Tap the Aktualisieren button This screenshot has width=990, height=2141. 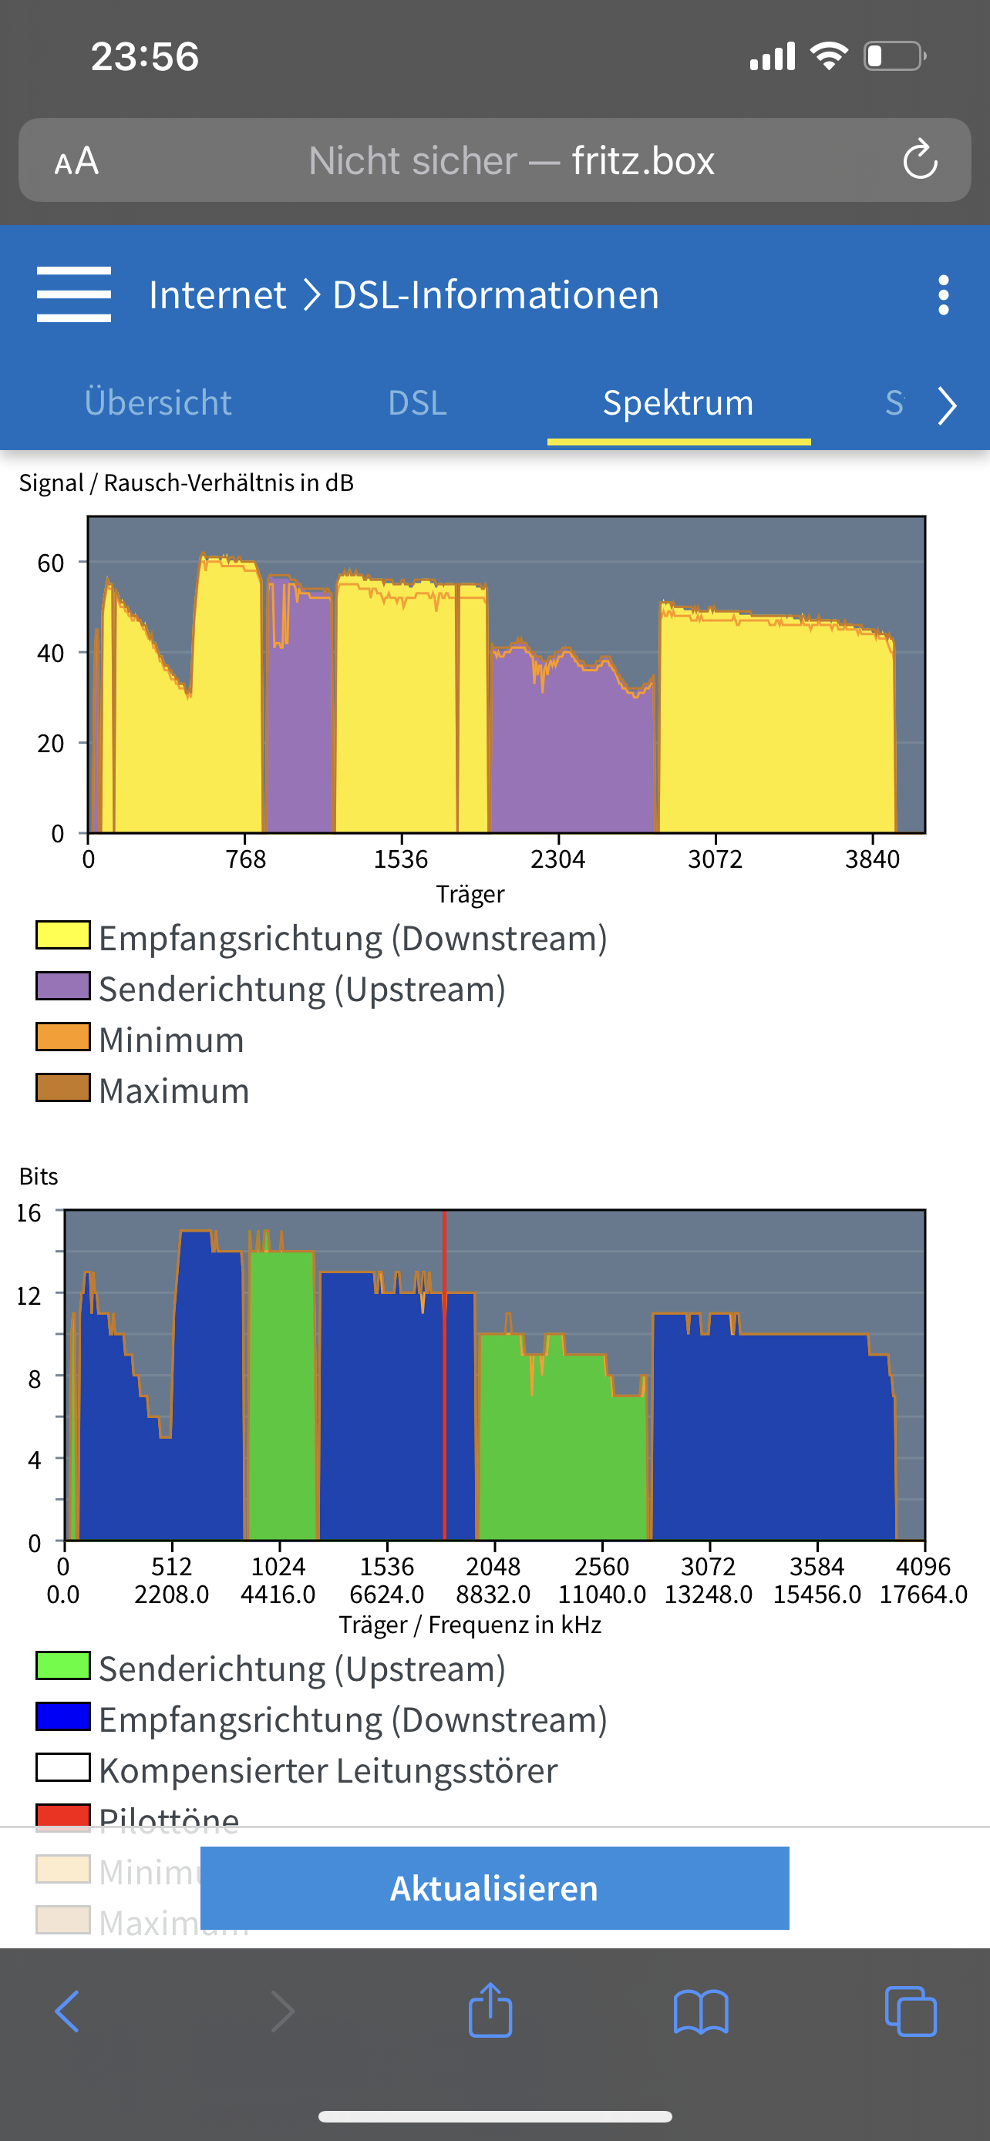(494, 1887)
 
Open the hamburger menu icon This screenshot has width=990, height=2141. (74, 294)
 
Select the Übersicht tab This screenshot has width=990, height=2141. (158, 403)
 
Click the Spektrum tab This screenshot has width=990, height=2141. (679, 403)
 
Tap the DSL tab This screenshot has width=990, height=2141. (417, 403)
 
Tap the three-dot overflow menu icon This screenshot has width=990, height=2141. (943, 295)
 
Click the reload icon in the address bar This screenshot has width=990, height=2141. (920, 160)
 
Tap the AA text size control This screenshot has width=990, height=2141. (76, 160)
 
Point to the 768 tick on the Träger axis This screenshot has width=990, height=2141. (245, 859)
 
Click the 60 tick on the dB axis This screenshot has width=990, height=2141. (51, 563)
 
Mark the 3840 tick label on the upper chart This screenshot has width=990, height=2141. (872, 859)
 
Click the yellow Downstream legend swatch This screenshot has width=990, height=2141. (63, 935)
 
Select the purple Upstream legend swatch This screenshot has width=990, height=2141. (63, 986)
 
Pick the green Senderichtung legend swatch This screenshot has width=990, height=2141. (63, 1666)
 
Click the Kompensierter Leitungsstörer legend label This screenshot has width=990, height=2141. (328, 1770)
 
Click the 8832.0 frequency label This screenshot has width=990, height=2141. (493, 1594)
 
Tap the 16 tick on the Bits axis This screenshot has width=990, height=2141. (29, 1212)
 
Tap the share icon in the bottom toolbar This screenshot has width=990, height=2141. (490, 2012)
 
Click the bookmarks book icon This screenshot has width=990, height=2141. (701, 2012)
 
